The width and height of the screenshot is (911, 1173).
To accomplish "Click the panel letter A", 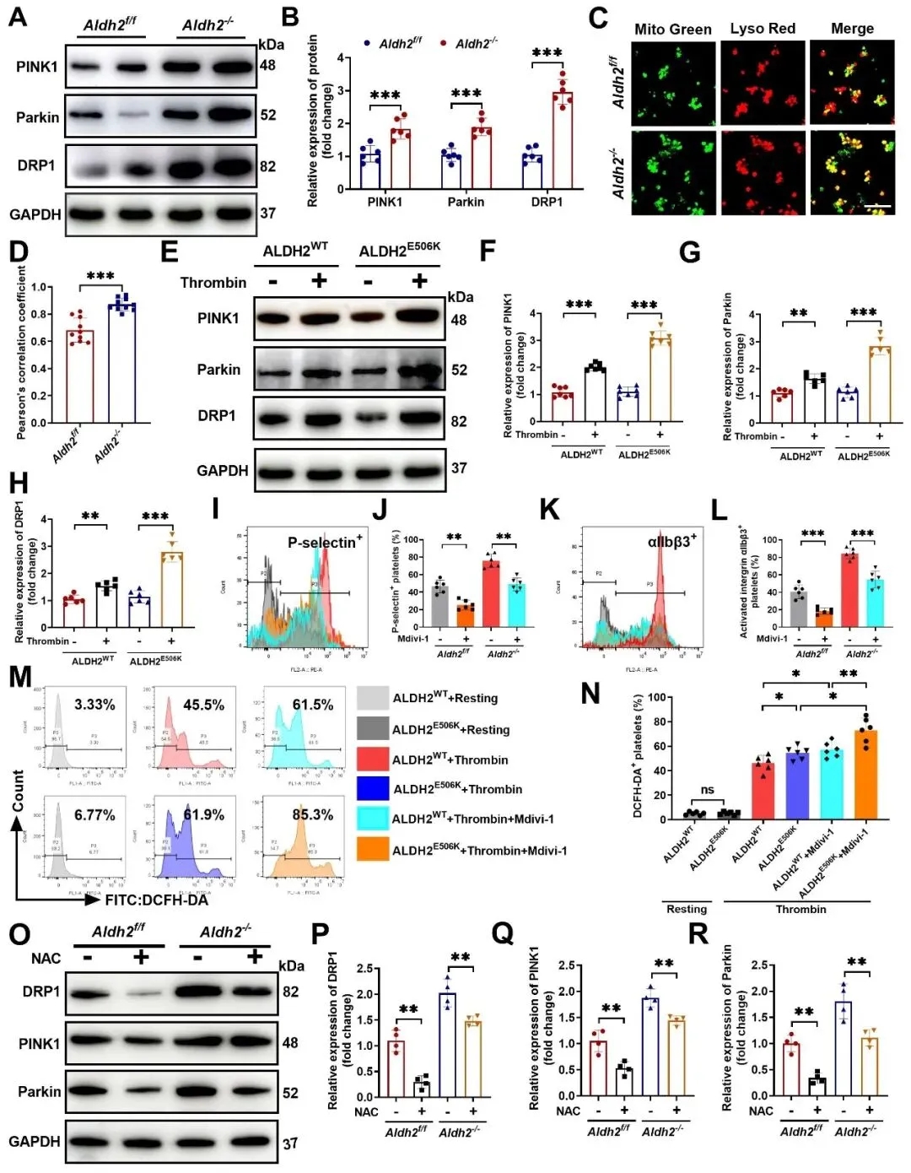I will pyautogui.click(x=17, y=17).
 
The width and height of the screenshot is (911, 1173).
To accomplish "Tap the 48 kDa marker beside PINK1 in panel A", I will pyautogui.click(x=267, y=65).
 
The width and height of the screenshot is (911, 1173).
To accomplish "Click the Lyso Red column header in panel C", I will pyautogui.click(x=763, y=29).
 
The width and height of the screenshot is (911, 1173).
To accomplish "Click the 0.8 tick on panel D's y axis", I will pyautogui.click(x=39, y=314).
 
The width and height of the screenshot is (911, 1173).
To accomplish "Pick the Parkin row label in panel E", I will pyautogui.click(x=218, y=370).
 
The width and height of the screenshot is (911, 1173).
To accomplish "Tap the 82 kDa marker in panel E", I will pyautogui.click(x=458, y=421).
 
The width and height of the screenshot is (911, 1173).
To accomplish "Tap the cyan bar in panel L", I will pyautogui.click(x=875, y=603).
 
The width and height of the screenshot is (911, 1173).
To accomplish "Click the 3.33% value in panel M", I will pyautogui.click(x=94, y=705).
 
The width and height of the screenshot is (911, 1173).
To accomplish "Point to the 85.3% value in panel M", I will pyautogui.click(x=312, y=815).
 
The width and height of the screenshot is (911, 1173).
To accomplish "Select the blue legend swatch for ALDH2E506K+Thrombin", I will pyautogui.click(x=373, y=788).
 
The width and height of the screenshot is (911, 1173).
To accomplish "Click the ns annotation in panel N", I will pyautogui.click(x=707, y=790).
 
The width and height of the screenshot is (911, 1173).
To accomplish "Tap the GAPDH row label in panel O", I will pyautogui.click(x=35, y=1141).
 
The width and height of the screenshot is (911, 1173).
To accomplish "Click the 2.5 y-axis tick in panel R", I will pyautogui.click(x=758, y=965).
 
